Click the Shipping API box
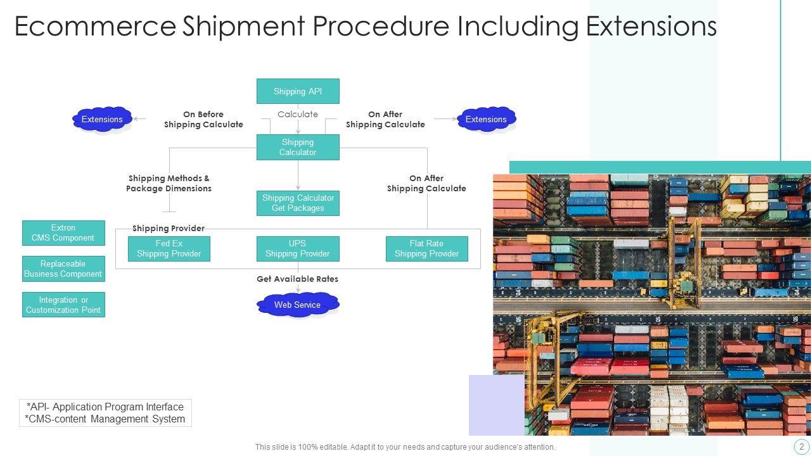pyautogui.click(x=298, y=91)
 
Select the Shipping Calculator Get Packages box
pyautogui.click(x=298, y=203)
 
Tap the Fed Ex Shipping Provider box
pyautogui.click(x=169, y=249)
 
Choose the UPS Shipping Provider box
pyautogui.click(x=298, y=249)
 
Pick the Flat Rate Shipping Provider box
pyautogui.click(x=427, y=249)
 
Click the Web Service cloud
pyautogui.click(x=298, y=305)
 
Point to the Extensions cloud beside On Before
pyautogui.click(x=102, y=119)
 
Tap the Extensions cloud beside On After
pyautogui.click(x=486, y=119)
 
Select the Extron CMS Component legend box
pyautogui.click(x=63, y=233)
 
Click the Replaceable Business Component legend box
pyautogui.click(x=63, y=269)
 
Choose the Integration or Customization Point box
pyautogui.click(x=63, y=305)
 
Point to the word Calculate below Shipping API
pyautogui.click(x=298, y=115)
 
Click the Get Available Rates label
pyautogui.click(x=297, y=279)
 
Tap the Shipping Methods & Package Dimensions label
pyautogui.click(x=169, y=184)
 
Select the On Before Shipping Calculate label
pyautogui.click(x=203, y=120)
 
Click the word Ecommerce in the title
pyautogui.click(x=95, y=27)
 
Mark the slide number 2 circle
pyautogui.click(x=801, y=446)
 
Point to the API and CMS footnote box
pyautogui.click(x=105, y=413)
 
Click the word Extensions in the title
pyautogui.click(x=651, y=27)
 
